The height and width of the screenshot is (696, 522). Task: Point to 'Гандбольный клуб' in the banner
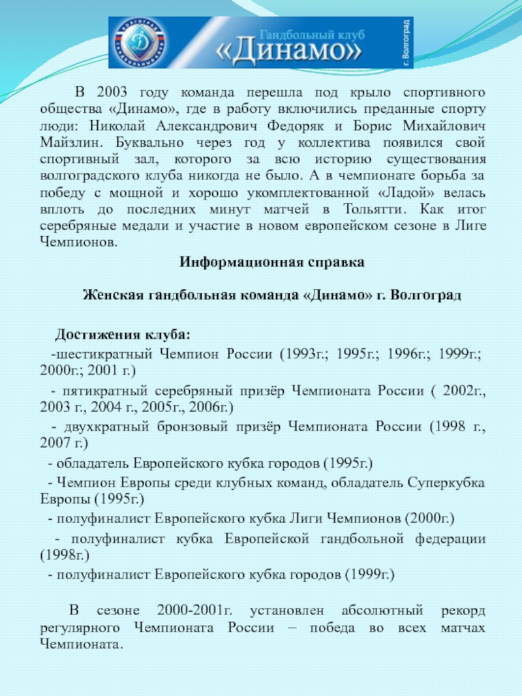pos(312,33)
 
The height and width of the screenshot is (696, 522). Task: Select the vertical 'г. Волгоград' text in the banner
pos(405,43)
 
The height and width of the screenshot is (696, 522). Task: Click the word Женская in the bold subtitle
pos(108,295)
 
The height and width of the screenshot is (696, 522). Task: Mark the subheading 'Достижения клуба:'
pos(123,335)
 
